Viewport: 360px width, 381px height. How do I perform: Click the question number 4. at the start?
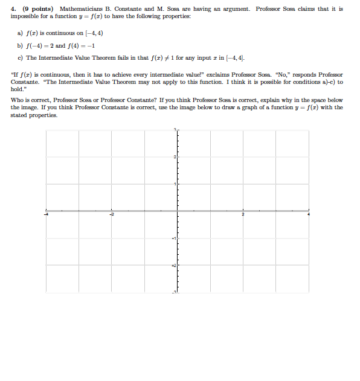[x=14, y=9]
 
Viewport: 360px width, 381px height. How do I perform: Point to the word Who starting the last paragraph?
[x=18, y=100]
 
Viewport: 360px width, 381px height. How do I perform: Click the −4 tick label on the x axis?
[x=48, y=214]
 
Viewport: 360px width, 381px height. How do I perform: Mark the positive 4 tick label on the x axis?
[x=309, y=214]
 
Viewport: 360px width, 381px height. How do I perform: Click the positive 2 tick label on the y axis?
[x=174, y=157]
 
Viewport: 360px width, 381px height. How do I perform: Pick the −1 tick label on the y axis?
[x=173, y=239]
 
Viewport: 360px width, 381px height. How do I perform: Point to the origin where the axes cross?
[x=178, y=211]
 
